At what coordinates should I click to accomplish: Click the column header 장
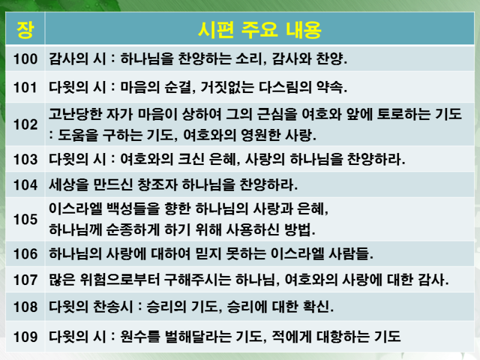(x=25, y=30)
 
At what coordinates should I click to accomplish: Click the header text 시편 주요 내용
(x=260, y=30)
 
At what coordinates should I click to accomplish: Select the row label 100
(x=25, y=59)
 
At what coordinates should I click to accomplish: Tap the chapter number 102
(x=25, y=124)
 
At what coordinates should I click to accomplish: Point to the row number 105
(x=25, y=219)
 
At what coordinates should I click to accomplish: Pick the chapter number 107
(x=25, y=280)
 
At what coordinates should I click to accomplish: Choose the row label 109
(x=25, y=337)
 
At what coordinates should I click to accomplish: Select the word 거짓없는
(x=227, y=87)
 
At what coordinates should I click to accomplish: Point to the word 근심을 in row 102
(x=277, y=114)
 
